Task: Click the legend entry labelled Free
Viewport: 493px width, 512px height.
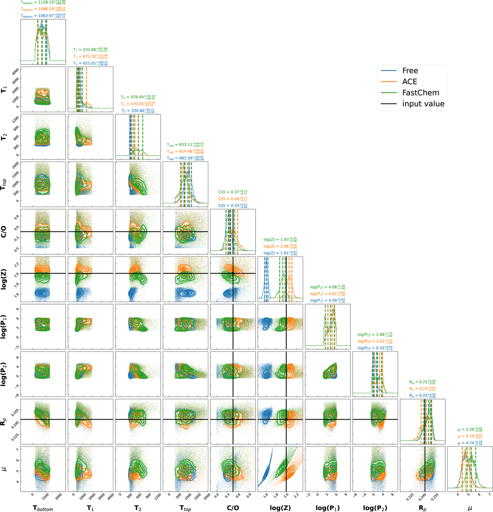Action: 410,71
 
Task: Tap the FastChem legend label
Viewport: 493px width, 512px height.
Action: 420,93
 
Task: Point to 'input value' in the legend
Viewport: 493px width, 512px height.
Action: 423,104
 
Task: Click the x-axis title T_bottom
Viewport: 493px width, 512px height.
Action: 43,508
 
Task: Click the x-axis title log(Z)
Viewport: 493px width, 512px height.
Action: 280,508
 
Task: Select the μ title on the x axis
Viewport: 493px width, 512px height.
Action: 470,508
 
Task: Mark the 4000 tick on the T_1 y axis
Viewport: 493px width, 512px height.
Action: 15,71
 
